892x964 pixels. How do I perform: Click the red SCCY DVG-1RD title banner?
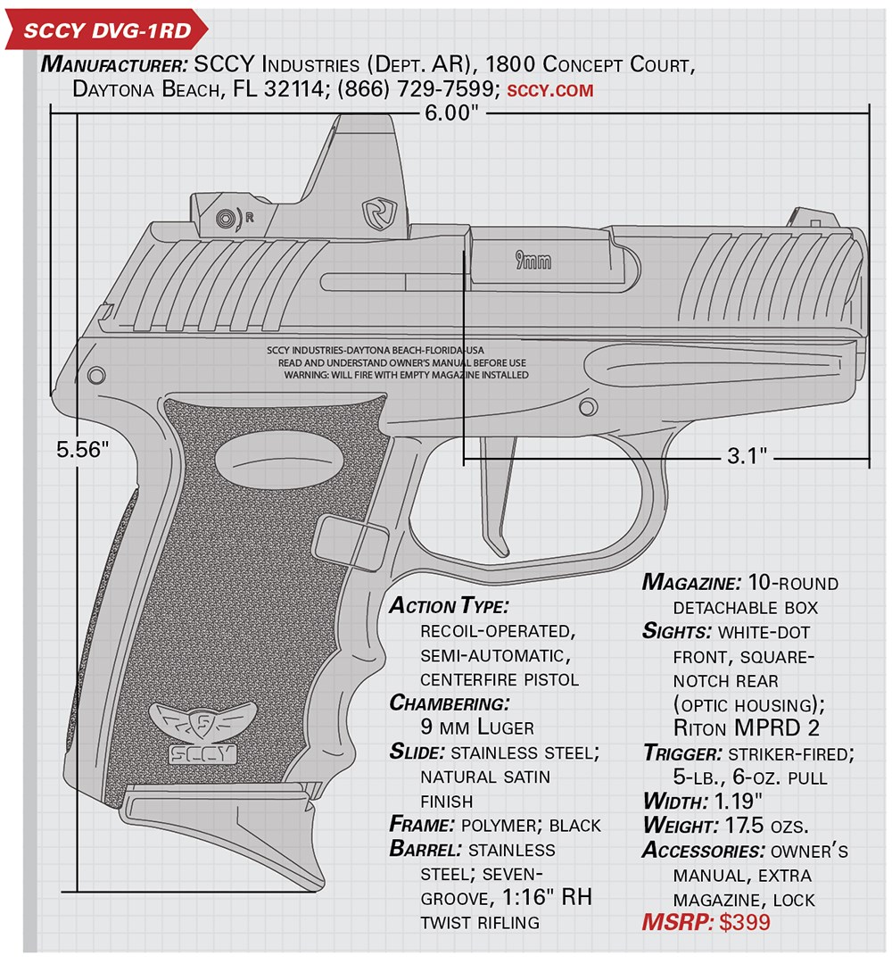105,30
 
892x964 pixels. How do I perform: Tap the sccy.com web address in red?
550,90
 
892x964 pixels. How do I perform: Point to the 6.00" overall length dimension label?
451,113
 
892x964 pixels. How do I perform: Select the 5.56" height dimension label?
82,449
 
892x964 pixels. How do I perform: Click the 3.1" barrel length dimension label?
747,455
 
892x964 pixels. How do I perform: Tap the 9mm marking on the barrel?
533,261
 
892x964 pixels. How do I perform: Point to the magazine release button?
351,542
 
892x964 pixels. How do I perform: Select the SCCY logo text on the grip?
202,753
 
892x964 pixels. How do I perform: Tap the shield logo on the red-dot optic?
379,214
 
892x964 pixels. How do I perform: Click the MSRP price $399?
745,921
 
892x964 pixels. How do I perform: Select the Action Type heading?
449,605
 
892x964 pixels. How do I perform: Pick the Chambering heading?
449,702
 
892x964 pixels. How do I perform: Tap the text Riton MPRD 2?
747,728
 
